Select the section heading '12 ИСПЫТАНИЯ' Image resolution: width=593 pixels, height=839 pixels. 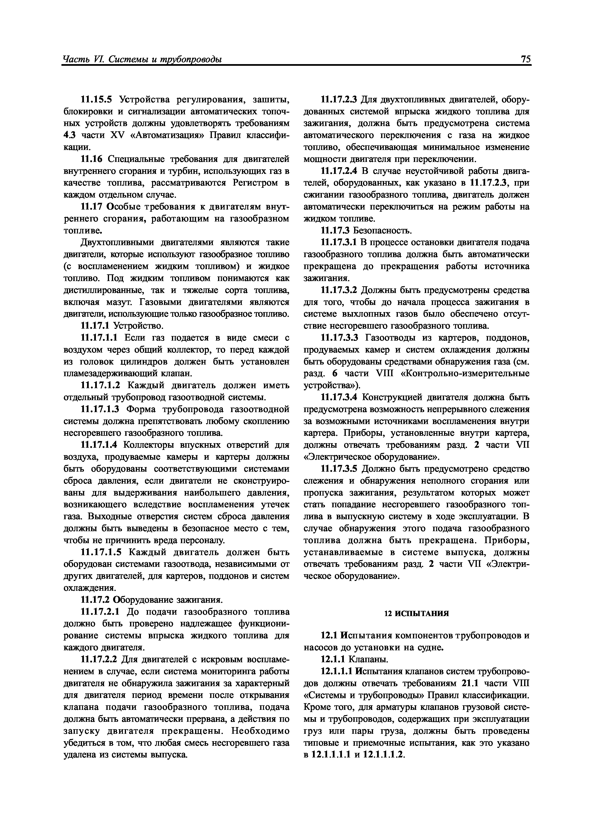point(417,613)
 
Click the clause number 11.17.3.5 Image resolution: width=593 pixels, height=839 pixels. point(340,469)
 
